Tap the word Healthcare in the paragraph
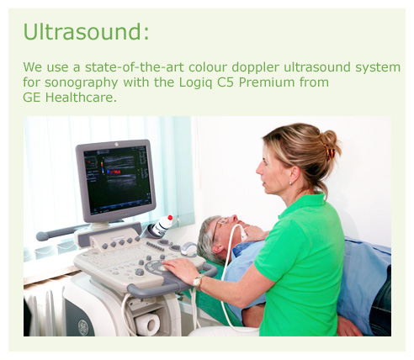(x=81, y=98)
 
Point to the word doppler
(x=256, y=67)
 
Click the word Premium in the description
(x=267, y=82)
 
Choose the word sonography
(x=82, y=83)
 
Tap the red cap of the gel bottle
(x=170, y=218)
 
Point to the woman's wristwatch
(x=199, y=280)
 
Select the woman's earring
(x=290, y=183)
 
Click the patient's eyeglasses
(x=218, y=229)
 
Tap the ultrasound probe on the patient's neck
(x=241, y=231)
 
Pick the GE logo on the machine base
(x=83, y=326)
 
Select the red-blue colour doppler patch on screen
(x=114, y=171)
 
